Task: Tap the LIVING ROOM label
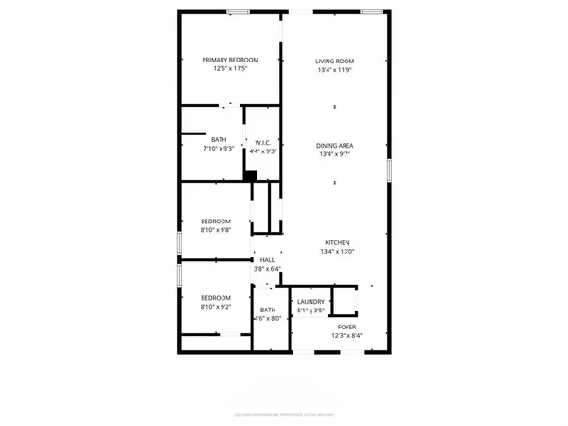[334, 61]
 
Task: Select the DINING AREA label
[334, 145]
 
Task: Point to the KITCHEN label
[334, 241]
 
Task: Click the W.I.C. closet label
[262, 143]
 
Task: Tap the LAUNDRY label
[311, 302]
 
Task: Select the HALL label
[267, 259]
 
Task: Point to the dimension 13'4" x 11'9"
[334, 70]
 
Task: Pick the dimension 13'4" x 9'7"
[334, 154]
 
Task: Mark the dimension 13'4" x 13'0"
[334, 251]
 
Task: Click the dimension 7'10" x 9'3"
[219, 150]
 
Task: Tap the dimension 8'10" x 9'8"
[215, 230]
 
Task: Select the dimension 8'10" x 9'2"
[215, 307]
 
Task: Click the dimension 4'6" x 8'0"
[268, 319]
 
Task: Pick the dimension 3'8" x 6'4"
[267, 269]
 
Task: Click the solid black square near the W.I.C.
[250, 174]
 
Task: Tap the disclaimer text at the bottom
[283, 413]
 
